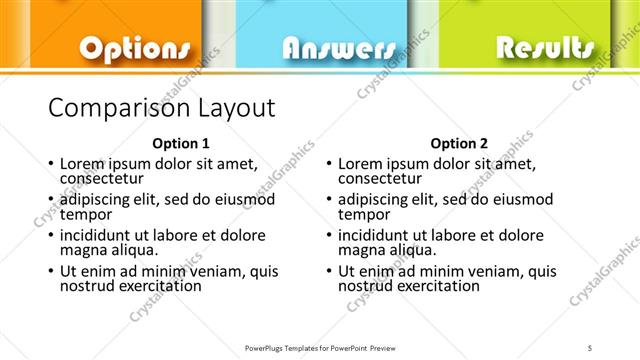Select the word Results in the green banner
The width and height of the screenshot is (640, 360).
545,47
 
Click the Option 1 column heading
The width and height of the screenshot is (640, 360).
181,142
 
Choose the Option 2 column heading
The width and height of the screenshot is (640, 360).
459,142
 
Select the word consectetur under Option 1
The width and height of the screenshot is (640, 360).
106,178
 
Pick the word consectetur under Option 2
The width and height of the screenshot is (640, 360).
384,178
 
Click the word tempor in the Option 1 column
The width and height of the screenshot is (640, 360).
85,214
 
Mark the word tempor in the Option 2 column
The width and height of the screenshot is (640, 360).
363,214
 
